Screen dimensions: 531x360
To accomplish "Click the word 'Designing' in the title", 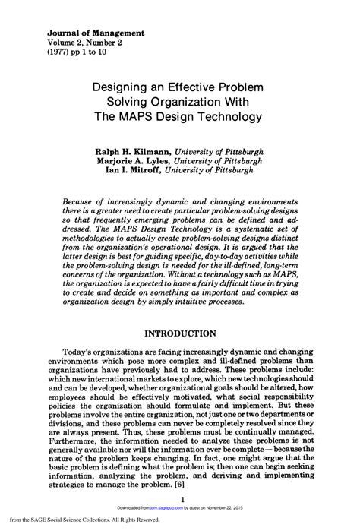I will point(119,87).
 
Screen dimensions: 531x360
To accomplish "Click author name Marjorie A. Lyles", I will point(131,161).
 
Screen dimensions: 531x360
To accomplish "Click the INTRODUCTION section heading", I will point(180,333).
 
